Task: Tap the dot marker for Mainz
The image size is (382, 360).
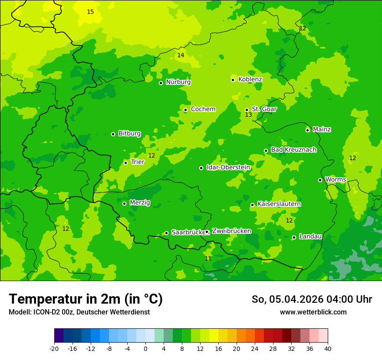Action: (307, 130)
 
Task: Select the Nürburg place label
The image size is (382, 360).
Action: (178, 82)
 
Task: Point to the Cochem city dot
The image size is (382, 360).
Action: (185, 110)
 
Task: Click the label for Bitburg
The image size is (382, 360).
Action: (129, 134)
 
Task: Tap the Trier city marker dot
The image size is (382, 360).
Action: (125, 163)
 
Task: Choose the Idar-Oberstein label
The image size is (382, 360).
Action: (228, 167)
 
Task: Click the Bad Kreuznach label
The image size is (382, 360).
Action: (293, 150)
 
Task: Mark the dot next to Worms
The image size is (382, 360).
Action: (320, 180)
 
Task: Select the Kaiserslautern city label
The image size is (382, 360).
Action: (279, 204)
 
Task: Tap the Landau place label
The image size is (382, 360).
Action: (310, 236)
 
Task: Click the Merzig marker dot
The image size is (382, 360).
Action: (124, 203)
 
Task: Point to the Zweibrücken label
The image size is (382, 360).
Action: (231, 231)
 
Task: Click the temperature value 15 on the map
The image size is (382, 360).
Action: (90, 12)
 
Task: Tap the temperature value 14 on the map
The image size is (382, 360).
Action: (181, 55)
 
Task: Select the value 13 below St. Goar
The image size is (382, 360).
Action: (248, 115)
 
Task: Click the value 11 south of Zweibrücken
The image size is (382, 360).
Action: (208, 259)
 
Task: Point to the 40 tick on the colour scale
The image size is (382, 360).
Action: (328, 348)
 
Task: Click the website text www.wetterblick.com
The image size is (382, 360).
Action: (313, 312)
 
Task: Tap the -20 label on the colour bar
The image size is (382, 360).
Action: (54, 348)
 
